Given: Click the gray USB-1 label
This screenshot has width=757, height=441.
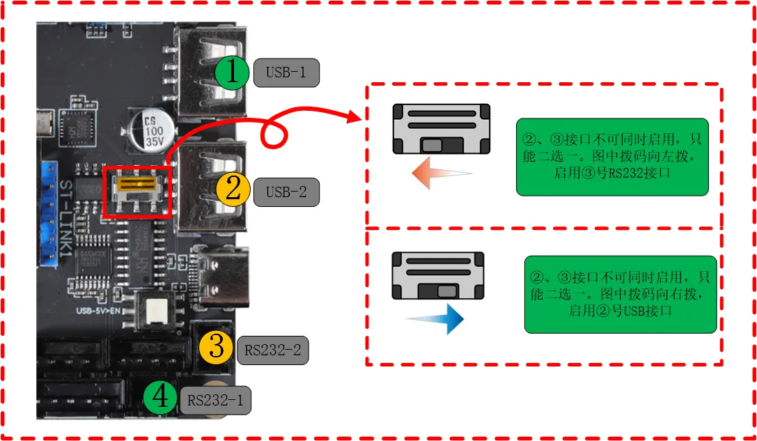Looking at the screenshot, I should tap(286, 72).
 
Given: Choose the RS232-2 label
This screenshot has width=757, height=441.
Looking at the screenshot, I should tap(272, 350).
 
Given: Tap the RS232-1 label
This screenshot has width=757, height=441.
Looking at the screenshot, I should tap(217, 401).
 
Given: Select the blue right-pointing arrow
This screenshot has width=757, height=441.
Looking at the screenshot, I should tap(436, 319).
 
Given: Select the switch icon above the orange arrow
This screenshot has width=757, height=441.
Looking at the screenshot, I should tap(441, 129).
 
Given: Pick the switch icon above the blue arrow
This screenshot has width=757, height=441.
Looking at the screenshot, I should tap(438, 276).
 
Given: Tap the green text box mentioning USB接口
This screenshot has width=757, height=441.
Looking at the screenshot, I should tap(620, 293).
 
